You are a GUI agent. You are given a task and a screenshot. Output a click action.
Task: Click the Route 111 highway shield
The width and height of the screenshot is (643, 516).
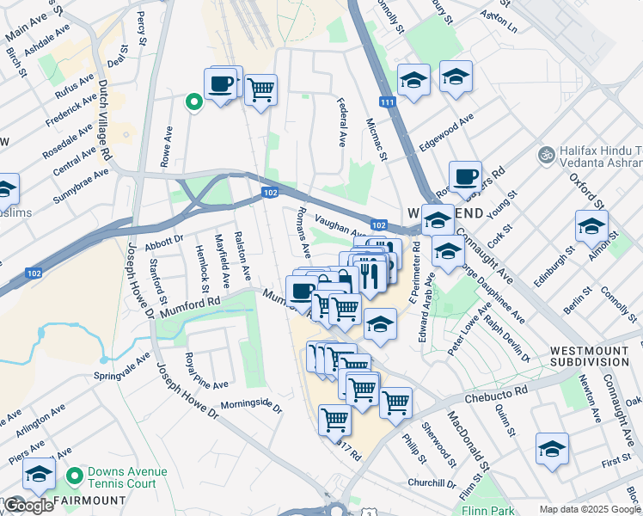point(389,102)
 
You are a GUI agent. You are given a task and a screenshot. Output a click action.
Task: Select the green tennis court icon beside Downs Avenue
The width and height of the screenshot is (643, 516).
point(76,474)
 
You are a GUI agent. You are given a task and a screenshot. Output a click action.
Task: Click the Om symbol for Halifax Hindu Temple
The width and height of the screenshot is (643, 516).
point(543,156)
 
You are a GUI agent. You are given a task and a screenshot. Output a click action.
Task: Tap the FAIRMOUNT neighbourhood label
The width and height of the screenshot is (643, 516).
point(90,500)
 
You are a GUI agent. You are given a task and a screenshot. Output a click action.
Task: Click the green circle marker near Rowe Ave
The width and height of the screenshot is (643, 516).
point(194,103)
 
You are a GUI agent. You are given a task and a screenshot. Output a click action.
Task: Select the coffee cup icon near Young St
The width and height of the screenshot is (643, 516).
point(465,176)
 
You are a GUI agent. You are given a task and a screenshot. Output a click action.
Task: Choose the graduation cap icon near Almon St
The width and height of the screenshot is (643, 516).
point(591,226)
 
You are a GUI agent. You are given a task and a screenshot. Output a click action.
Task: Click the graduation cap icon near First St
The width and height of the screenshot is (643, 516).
point(552,449)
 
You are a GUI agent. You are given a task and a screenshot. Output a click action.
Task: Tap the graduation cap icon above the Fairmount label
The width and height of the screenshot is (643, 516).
point(39,474)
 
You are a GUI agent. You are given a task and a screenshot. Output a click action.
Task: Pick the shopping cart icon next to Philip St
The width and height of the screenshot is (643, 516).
point(395,402)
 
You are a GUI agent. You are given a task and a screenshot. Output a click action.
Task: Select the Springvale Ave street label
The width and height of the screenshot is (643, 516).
point(123,366)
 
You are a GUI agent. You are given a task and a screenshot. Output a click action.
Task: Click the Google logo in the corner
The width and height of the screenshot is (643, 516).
point(28,506)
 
